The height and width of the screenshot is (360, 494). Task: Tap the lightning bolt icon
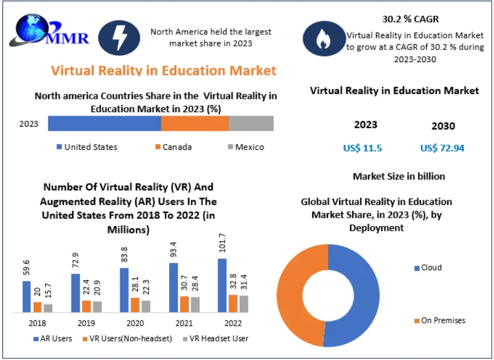[x=119, y=38]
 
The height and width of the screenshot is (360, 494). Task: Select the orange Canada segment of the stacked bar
[x=194, y=124]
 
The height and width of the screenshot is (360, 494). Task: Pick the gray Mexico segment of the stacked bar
[x=251, y=124]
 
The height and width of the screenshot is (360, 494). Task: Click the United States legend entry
[x=86, y=147]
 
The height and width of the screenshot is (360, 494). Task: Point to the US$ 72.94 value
[x=442, y=148]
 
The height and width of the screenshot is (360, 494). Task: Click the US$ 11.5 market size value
[x=362, y=148]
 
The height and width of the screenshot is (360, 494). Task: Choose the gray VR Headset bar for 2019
[x=97, y=307]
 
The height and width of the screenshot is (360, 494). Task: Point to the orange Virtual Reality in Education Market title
[x=164, y=71]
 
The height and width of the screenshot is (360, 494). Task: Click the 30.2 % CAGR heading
[x=410, y=19]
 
